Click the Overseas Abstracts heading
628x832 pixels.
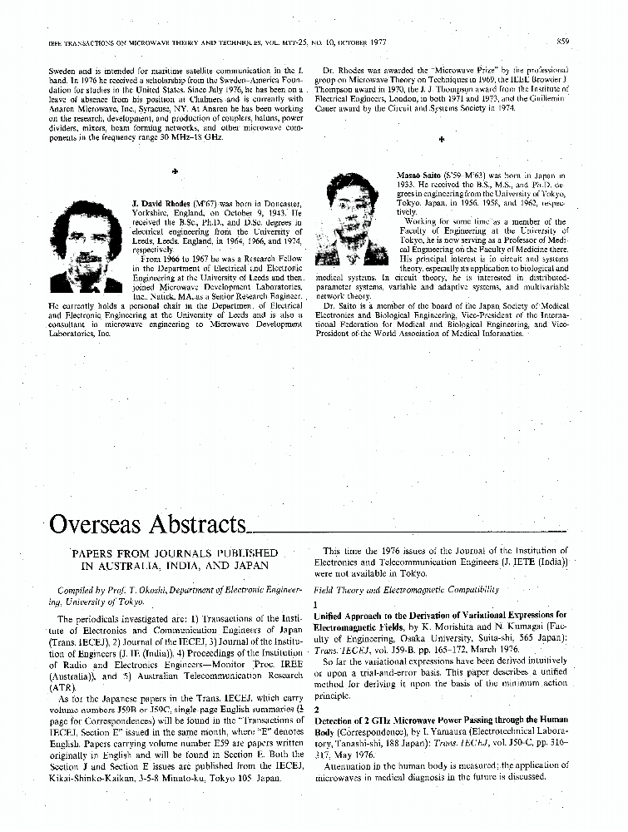pyautogui.click(x=149, y=524)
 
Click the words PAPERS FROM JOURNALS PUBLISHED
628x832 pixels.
pyautogui.click(x=174, y=552)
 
